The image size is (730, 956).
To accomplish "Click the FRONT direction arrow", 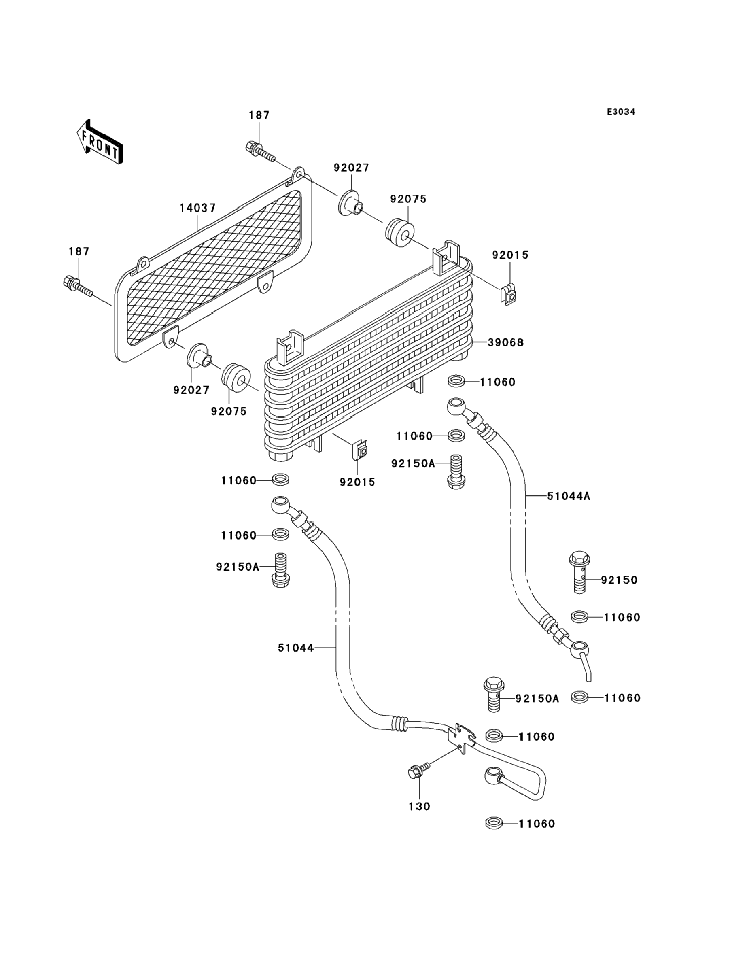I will click(x=100, y=142).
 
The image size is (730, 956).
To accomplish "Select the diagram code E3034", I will click(x=620, y=112).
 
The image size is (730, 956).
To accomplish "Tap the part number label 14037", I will click(x=198, y=208).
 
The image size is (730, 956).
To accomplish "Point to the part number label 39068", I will click(x=505, y=342).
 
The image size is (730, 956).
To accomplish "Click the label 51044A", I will click(x=569, y=496).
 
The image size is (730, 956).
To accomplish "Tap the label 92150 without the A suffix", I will click(x=619, y=580).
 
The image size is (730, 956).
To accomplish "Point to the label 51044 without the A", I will click(x=295, y=660).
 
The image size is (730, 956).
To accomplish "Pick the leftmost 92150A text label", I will click(x=238, y=567).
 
